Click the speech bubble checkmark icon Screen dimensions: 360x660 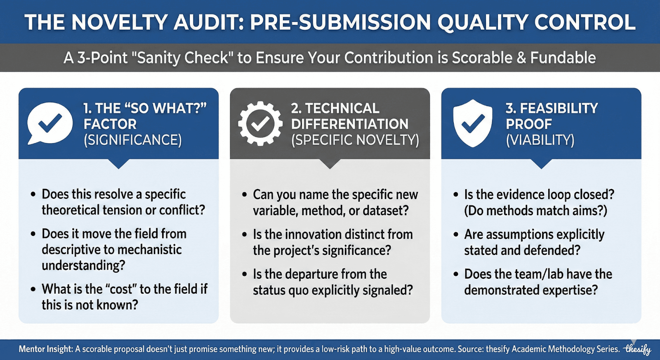point(50,123)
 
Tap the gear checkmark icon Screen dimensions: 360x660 point(260,123)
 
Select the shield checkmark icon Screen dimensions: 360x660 point(473,123)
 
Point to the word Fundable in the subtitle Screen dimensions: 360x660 point(563,58)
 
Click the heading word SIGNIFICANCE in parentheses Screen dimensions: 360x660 point(133,140)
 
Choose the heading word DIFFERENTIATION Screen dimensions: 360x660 point(350,124)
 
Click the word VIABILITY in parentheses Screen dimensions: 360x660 point(540,140)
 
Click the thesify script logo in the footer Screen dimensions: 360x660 point(638,350)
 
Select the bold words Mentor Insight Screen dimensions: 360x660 point(46,349)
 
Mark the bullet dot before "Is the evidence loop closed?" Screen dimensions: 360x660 point(456,195)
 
